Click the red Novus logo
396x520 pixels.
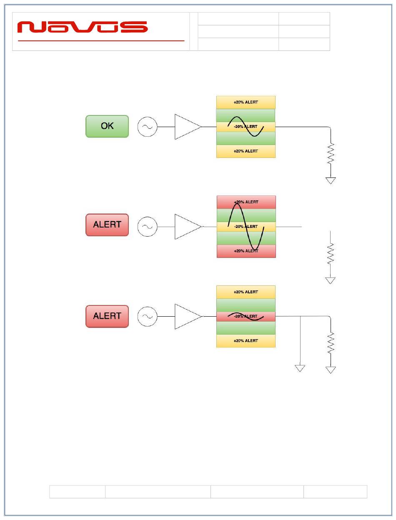[x=83, y=27]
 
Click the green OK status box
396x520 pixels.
[x=107, y=126]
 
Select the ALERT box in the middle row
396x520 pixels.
[x=107, y=225]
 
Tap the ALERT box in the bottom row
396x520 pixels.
[x=107, y=316]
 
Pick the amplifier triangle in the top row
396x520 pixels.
[x=188, y=127]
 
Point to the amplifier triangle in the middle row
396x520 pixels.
[x=188, y=227]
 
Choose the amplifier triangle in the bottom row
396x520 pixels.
[x=188, y=317]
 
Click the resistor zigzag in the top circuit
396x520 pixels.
[x=331, y=154]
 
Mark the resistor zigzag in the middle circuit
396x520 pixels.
[x=331, y=253]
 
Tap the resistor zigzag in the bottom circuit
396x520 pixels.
[x=331, y=343]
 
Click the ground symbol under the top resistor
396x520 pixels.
[x=331, y=180]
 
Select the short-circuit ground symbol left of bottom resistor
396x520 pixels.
[x=300, y=368]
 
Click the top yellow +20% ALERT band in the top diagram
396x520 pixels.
[x=246, y=102]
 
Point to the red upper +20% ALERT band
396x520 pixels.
[x=246, y=202]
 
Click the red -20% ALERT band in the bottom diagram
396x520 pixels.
[x=246, y=317]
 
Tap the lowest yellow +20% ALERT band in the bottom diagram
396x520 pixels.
[x=246, y=341]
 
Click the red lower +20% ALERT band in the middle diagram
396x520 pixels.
[x=246, y=251]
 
